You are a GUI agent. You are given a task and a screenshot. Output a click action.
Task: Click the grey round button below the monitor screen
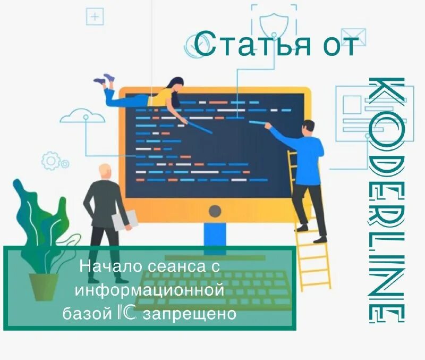pyautogui.click(x=215, y=211)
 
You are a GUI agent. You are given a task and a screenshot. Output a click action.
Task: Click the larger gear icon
pyautogui.click(x=51, y=160)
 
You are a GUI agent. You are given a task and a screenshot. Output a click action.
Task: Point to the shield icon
pyautogui.click(x=274, y=24)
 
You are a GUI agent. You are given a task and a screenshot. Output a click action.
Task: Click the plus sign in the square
pyautogui.click(x=95, y=16)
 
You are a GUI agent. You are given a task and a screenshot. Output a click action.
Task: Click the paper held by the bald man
pyautogui.click(x=125, y=220)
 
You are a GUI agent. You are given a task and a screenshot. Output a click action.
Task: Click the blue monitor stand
pyautogui.click(x=215, y=234)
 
